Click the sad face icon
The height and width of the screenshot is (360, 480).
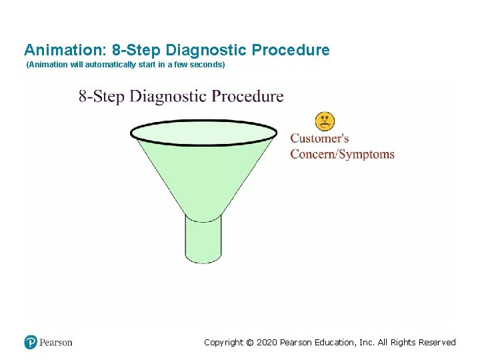click(325, 121)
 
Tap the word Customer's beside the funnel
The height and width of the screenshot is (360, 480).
click(319, 139)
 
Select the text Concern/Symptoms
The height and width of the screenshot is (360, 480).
click(342, 155)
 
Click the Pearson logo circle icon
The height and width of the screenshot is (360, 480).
click(31, 342)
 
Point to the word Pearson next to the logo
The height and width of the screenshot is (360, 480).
click(56, 343)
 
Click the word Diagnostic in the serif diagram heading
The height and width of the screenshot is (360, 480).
click(168, 96)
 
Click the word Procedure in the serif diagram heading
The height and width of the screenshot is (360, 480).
click(247, 96)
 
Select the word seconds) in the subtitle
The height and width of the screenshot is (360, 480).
click(208, 65)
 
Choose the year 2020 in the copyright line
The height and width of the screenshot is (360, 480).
click(267, 343)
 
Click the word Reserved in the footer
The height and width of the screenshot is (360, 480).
click(437, 343)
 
